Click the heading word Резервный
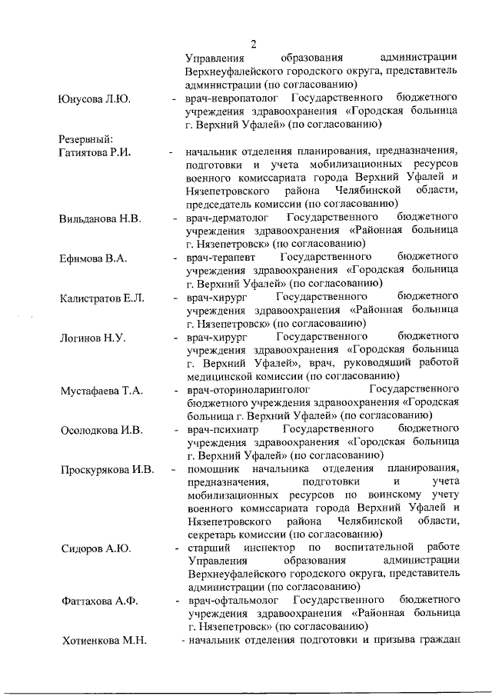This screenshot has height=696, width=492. (x=85, y=139)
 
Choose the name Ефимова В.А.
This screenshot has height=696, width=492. (x=93, y=258)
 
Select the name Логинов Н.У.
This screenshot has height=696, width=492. (x=92, y=338)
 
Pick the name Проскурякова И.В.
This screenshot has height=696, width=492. (x=107, y=470)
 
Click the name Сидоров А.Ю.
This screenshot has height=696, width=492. (x=95, y=548)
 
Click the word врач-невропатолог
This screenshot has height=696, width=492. (x=231, y=99)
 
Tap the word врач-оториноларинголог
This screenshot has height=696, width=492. (x=247, y=391)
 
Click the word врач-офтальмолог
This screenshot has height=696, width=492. (x=233, y=601)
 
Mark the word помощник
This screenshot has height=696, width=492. (x=213, y=470)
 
